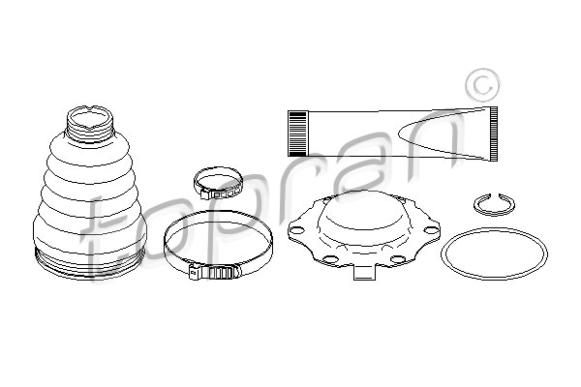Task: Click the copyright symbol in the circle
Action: (482, 85)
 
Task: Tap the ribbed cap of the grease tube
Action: (297, 134)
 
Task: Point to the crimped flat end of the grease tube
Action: (493, 134)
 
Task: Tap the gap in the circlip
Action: (494, 195)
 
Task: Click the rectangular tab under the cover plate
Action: (365, 272)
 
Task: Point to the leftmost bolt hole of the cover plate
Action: (296, 230)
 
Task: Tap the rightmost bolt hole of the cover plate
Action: (431, 230)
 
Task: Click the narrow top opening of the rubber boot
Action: (90, 118)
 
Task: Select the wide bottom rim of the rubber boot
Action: (89, 263)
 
